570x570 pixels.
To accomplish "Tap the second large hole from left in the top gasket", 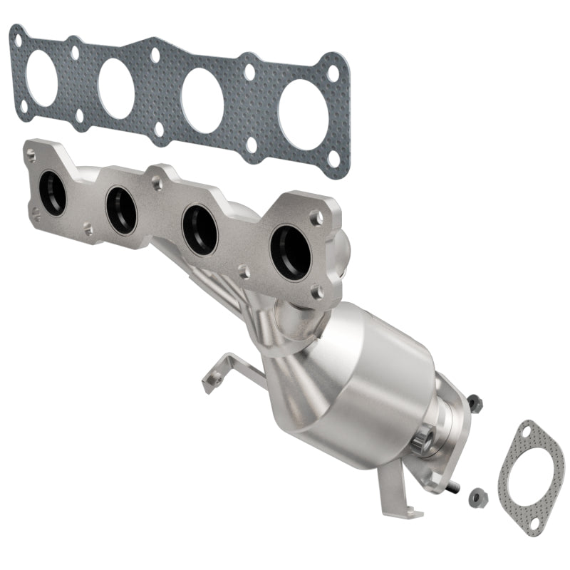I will tap(117, 88).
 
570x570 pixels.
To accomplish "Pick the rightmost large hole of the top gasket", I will tap(304, 118).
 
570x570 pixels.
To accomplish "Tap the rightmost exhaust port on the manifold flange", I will tap(289, 252).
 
